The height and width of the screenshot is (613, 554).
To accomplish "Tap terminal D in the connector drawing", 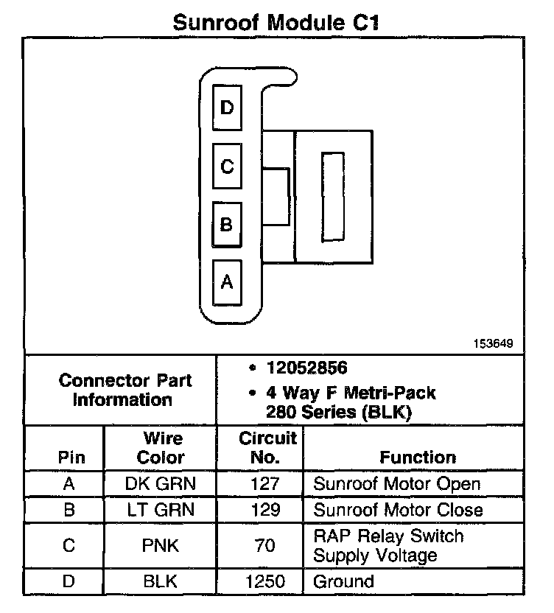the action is click(x=227, y=108).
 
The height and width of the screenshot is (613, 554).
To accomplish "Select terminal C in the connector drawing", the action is click(x=227, y=167).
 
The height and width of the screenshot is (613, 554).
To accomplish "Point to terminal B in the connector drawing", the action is click(x=227, y=224).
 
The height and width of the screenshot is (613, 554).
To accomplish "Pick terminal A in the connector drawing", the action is click(x=227, y=281).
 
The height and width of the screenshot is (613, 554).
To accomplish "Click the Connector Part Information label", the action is click(x=125, y=390).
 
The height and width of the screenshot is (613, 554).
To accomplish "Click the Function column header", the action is click(x=418, y=458).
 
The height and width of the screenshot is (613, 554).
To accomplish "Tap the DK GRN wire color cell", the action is click(x=161, y=484).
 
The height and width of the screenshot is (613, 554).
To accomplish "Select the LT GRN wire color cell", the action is click(x=161, y=510).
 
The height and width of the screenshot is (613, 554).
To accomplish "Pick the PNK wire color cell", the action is click(x=161, y=546).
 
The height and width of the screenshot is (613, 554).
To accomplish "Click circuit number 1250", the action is click(x=265, y=581).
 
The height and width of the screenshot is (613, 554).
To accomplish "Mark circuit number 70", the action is click(x=265, y=546).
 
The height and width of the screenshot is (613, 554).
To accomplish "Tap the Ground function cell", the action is click(x=343, y=581).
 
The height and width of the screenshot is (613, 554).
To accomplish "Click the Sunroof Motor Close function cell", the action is click(x=398, y=510).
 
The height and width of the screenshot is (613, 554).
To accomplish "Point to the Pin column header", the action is click(x=71, y=458).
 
